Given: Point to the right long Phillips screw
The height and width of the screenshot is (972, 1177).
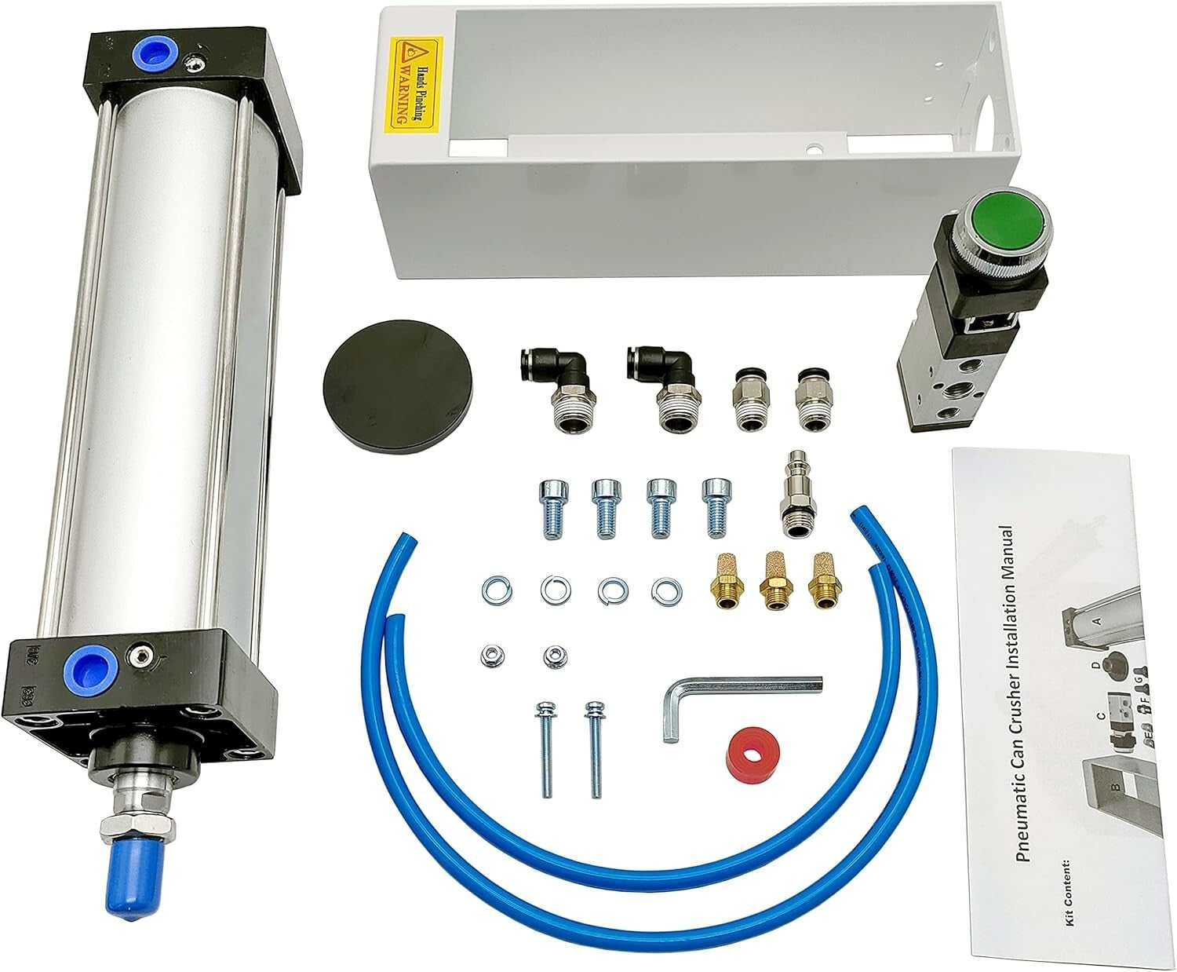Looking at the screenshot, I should tap(592, 746).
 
